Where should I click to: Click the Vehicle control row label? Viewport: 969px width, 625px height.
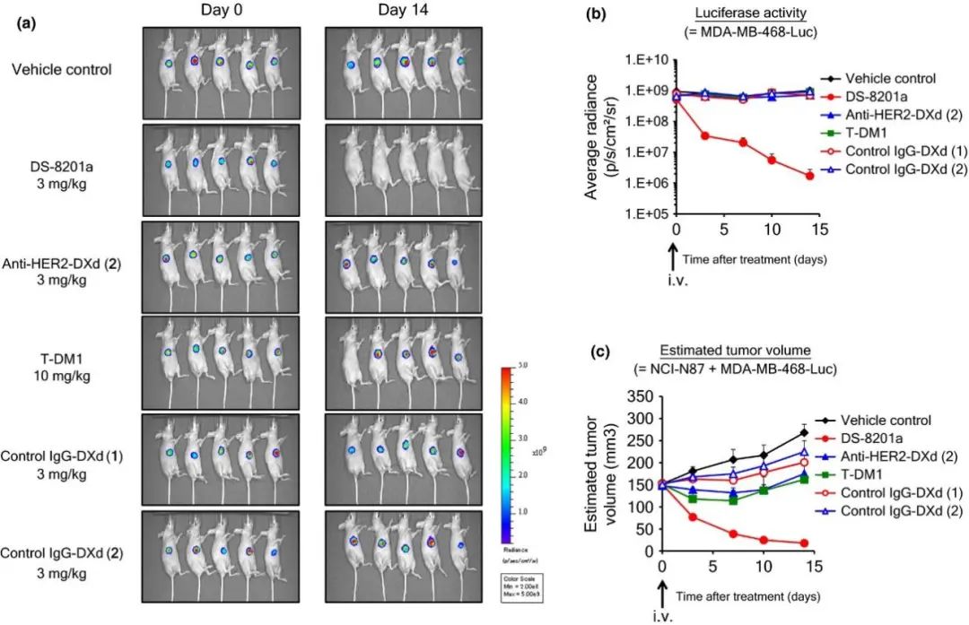tap(68, 69)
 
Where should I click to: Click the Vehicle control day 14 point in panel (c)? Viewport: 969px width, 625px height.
tap(804, 432)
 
